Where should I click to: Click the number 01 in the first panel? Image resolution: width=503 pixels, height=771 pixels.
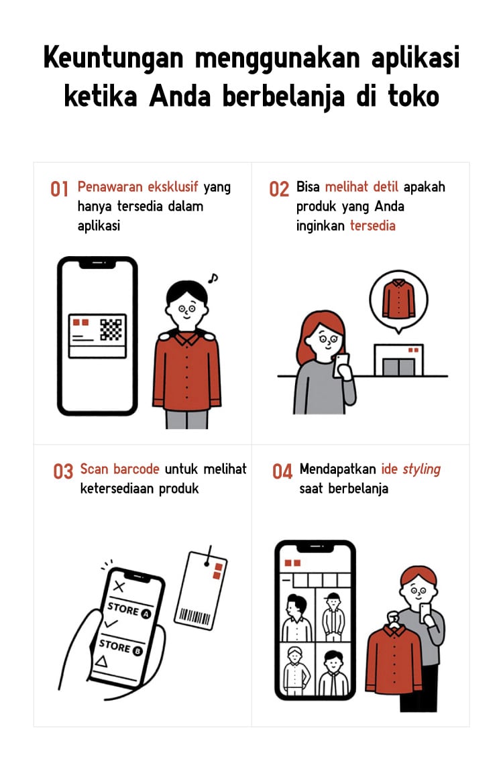pyautogui.click(x=59, y=189)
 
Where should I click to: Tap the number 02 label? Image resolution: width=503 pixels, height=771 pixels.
pyautogui.click(x=279, y=189)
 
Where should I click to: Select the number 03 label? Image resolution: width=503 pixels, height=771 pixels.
pyautogui.click(x=63, y=471)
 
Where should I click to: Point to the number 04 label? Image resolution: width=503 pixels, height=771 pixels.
pyautogui.click(x=282, y=471)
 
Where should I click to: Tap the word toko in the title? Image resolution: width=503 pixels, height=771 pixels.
pyautogui.click(x=414, y=96)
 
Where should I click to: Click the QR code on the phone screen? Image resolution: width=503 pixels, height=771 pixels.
pyautogui.click(x=111, y=329)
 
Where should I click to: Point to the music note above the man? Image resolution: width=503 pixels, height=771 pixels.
pyautogui.click(x=213, y=278)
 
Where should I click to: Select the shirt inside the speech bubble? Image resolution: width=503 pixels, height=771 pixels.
pyautogui.click(x=399, y=298)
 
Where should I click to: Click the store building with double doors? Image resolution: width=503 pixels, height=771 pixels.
pyautogui.click(x=399, y=361)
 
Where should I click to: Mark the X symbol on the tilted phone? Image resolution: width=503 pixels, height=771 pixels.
pyautogui.click(x=119, y=586)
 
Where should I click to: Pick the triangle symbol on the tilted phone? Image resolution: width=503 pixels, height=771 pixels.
pyautogui.click(x=101, y=661)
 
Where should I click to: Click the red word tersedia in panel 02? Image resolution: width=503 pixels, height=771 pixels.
pyautogui.click(x=373, y=226)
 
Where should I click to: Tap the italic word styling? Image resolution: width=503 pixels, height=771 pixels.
pyautogui.click(x=421, y=469)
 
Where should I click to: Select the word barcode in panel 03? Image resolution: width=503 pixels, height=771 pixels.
pyautogui.click(x=136, y=469)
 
